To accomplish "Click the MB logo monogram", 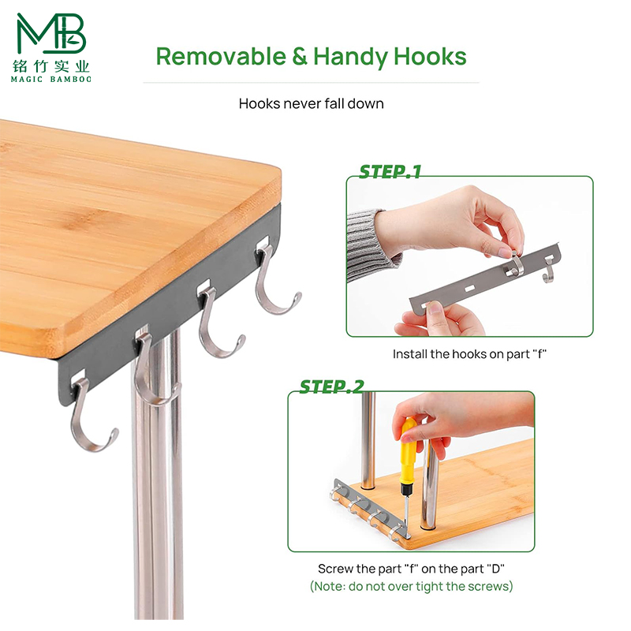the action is [x=51, y=33].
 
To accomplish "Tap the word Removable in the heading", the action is [x=221, y=56].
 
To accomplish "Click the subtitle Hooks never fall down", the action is [x=311, y=104].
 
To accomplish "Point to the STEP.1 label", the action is [x=390, y=172].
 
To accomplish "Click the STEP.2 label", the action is [x=331, y=386].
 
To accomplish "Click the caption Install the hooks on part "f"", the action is [x=469, y=354].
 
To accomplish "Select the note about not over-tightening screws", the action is [x=411, y=586].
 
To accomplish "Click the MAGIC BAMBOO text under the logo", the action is [x=51, y=80].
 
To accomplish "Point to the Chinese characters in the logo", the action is [x=51, y=65].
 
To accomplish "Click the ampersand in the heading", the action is [x=300, y=56].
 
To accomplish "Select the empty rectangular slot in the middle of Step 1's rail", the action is [x=469, y=288].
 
